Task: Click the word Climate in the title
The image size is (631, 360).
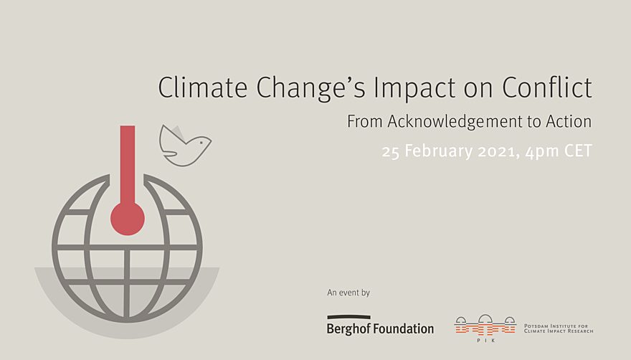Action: point(202,87)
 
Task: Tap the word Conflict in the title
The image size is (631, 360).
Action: point(547,87)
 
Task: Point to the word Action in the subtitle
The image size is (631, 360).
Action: point(569,122)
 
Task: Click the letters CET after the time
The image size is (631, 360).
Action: point(578,151)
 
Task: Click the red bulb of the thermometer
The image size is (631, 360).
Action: point(128,219)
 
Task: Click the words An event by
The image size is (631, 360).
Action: point(348,293)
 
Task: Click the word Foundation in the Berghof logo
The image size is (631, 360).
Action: point(404,328)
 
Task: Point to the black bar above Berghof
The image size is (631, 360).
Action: point(349,317)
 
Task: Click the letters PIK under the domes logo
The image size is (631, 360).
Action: point(485,341)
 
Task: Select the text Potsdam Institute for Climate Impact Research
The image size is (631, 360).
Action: point(559,328)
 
